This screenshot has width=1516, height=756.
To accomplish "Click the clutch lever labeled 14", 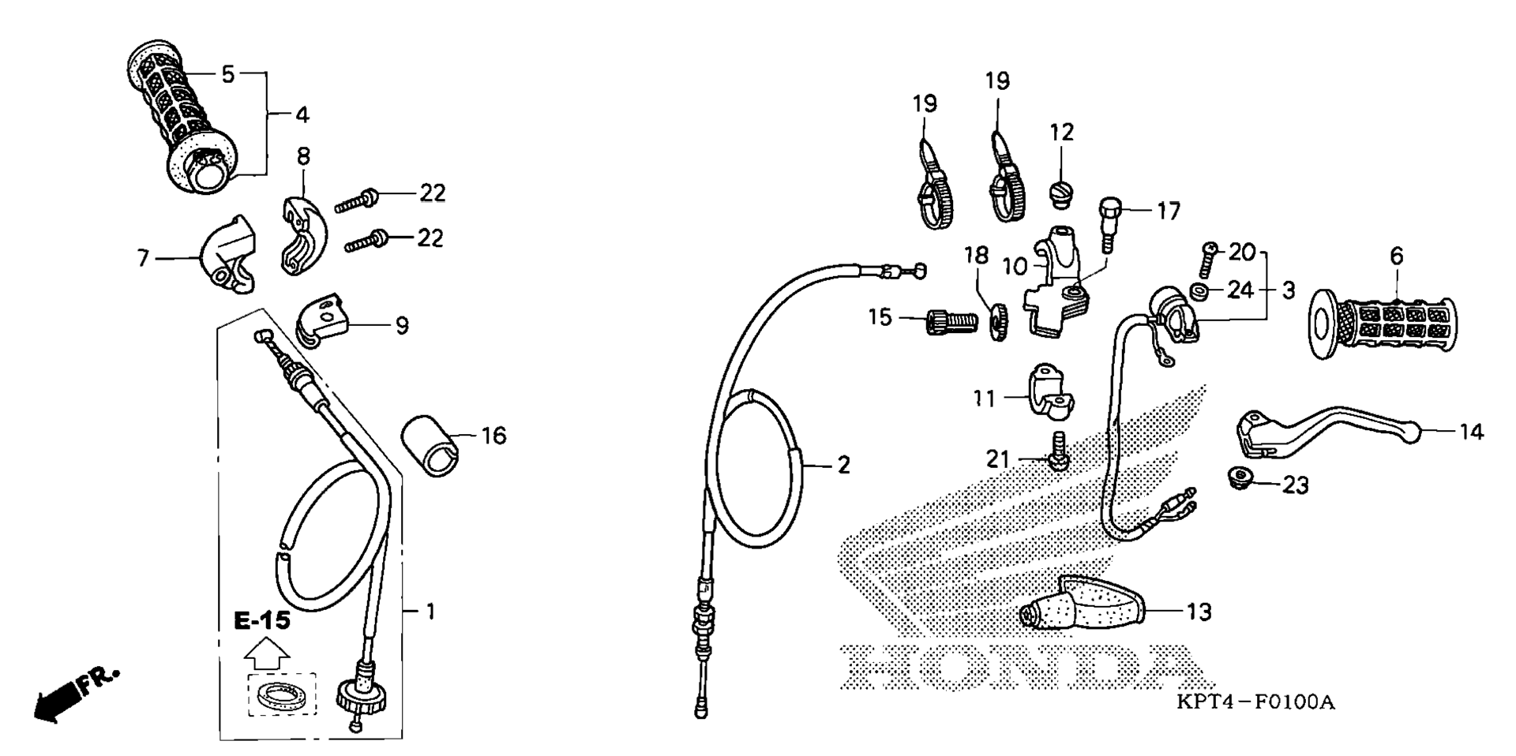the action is (1326, 430).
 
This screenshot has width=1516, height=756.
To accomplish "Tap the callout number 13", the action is (1199, 612).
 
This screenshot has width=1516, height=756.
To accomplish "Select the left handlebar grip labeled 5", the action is (182, 114).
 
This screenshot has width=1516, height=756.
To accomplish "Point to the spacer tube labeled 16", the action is (431, 447).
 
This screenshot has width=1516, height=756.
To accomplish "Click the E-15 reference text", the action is (262, 620).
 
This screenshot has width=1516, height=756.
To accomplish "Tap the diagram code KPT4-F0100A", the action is (1255, 702).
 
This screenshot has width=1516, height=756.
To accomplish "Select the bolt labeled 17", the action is (1109, 225).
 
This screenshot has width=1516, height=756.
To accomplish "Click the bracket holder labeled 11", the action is (1050, 392).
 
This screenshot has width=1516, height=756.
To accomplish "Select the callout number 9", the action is (402, 325).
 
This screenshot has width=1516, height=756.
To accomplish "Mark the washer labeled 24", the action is (1199, 291).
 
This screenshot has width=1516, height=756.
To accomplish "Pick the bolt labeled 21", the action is (1056, 453).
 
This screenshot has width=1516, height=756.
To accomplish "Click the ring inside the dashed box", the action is (281, 695).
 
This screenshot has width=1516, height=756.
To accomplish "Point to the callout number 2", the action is (844, 465).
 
